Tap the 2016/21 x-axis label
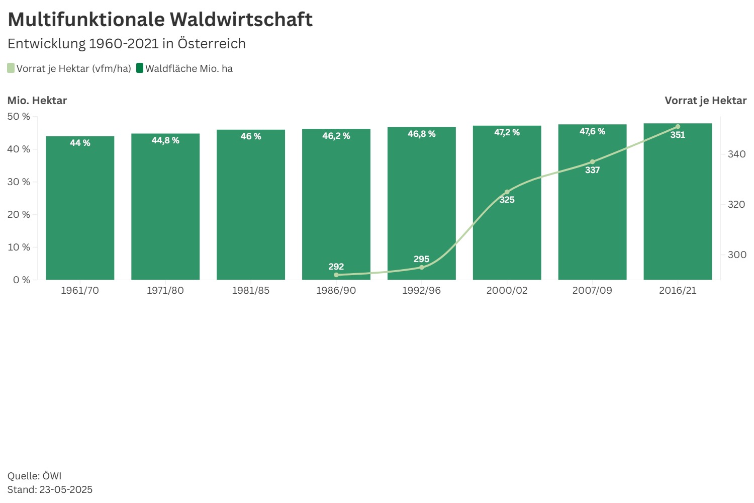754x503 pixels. click(678, 290)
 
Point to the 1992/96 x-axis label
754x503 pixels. click(421, 290)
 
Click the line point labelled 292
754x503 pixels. click(336, 275)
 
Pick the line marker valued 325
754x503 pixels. click(507, 192)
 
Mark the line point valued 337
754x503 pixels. click(592, 162)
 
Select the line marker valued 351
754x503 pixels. click(678, 127)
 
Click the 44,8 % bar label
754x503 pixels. click(165, 140)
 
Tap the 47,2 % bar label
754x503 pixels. click(507, 132)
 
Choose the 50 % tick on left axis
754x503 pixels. click(19, 116)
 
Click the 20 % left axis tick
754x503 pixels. click(19, 214)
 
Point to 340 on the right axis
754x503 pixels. click(736, 154)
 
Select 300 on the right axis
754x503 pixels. click(736, 255)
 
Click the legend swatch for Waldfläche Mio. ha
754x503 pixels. click(140, 68)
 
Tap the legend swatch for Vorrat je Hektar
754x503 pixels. click(11, 68)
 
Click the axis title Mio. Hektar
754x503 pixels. click(37, 100)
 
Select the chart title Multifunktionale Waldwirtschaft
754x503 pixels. click(160, 20)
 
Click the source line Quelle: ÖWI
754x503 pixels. click(35, 476)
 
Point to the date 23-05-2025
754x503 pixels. click(66, 489)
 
